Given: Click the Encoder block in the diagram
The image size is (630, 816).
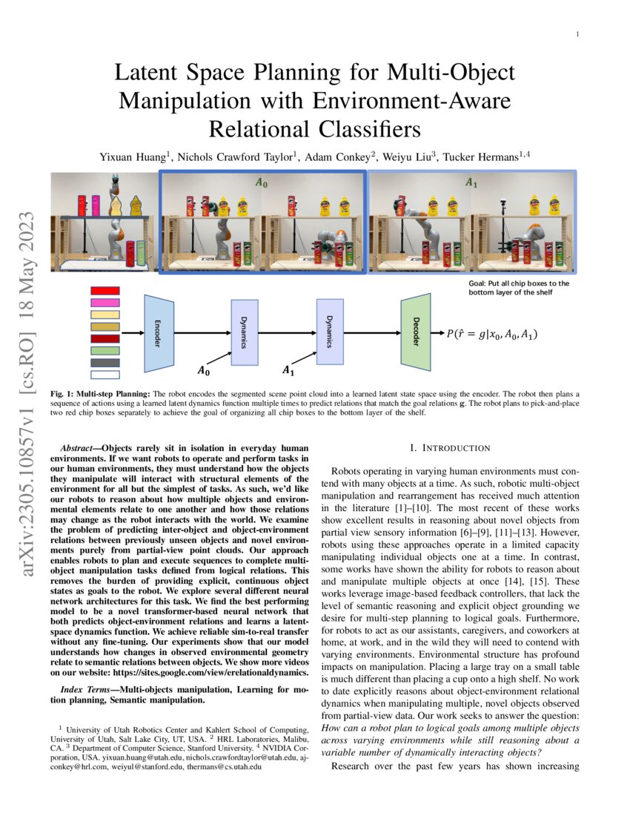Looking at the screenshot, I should point(159,333).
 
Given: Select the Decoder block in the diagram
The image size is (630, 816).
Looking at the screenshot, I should point(416,333).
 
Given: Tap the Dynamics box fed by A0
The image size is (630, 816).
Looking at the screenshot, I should point(245,332).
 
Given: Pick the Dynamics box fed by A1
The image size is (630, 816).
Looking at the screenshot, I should point(330,332).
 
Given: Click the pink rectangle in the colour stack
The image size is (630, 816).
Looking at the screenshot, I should point(105,303).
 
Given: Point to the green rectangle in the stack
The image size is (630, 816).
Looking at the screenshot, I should point(105,350).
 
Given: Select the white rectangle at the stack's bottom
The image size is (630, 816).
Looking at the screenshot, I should point(105,375).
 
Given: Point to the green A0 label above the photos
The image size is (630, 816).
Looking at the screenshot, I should point(262,182).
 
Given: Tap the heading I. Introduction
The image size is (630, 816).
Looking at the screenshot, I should point(450,448).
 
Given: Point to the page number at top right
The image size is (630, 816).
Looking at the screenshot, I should point(577,34).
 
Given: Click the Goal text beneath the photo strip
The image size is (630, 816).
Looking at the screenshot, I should point(519,288).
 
